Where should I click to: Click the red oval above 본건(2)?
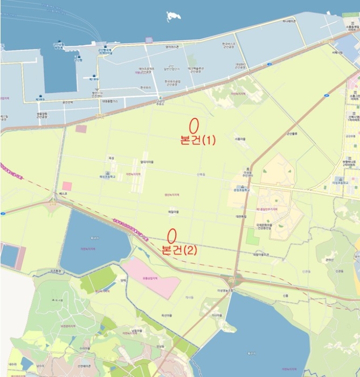[x=172, y=235]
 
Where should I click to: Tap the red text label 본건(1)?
[x=198, y=140]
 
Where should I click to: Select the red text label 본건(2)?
[x=179, y=250]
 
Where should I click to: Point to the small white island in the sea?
[x=174, y=17]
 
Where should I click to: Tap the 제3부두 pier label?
[x=40, y=100]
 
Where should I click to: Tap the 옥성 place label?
[x=112, y=158]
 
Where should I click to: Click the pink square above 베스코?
[x=67, y=186]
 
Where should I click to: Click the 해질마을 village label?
[x=172, y=212]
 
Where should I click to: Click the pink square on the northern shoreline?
[x=149, y=40]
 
